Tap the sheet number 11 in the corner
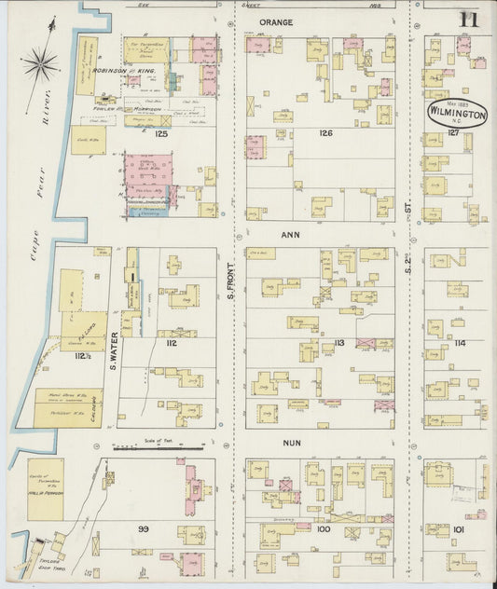point(468,19)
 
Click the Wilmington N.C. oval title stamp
point(457,113)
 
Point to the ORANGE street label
point(276,21)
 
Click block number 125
point(161,134)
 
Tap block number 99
point(144,528)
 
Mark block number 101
point(458,529)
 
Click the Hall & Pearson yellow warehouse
point(45,489)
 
